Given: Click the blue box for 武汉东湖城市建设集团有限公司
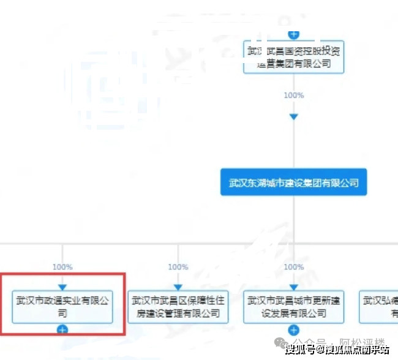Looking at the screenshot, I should pos(293,182).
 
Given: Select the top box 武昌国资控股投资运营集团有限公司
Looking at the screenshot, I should pos(293,57).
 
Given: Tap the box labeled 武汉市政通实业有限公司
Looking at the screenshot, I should pos(62,307).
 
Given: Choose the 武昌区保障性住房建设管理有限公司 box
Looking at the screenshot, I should pos(178,307).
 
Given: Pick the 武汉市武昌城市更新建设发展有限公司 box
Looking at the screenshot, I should pos(293,307).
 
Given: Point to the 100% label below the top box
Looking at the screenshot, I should pos(294,96).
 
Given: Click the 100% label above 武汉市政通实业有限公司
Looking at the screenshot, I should pos(62,267).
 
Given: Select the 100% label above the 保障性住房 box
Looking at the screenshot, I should pos(178,267).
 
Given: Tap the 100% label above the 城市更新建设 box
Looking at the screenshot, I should pos(294,267).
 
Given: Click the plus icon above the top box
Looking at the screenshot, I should pos(294,34).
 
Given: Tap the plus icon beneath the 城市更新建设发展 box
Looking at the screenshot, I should pos(294,329).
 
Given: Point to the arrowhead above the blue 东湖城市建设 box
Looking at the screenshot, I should pos(294,116).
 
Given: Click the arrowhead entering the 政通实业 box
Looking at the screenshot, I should pos(62,287).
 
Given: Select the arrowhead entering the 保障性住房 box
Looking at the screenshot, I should pos(178,287).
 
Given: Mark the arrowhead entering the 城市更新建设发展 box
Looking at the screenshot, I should pos(294,287).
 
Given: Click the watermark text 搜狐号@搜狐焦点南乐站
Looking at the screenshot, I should pos(337,350).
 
